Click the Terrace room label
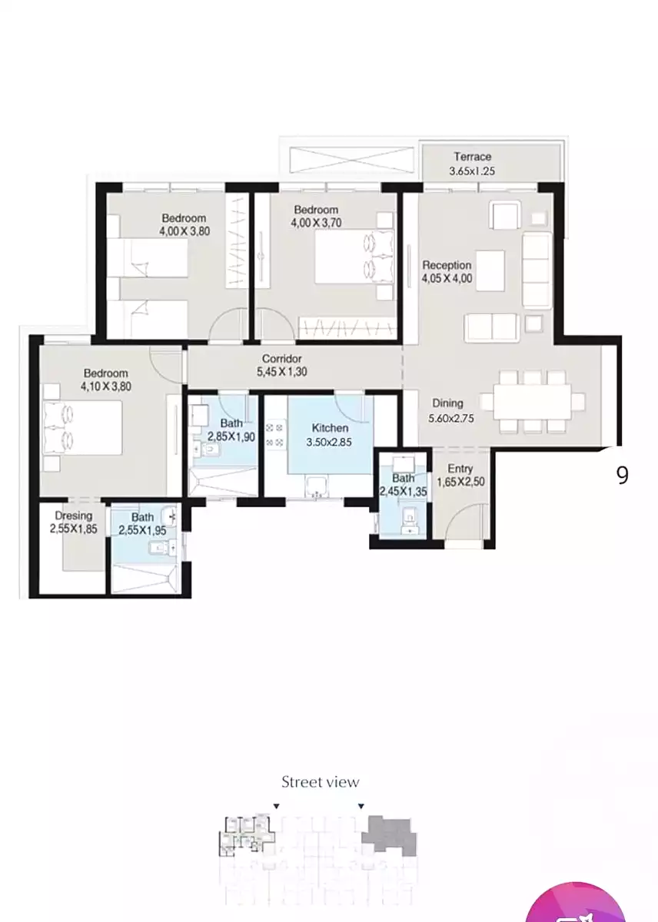(472, 157)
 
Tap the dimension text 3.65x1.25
(471, 171)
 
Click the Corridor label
(281, 358)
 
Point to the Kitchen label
(330, 428)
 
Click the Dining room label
(447, 403)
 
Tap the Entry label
(460, 469)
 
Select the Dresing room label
(73, 516)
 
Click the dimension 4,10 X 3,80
(106, 386)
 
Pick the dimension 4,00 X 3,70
(316, 223)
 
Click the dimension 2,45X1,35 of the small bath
(403, 491)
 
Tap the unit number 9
(622, 476)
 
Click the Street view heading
(320, 781)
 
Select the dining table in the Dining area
(532, 401)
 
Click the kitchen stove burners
(275, 435)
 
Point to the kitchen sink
(316, 486)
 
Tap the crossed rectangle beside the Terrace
(351, 160)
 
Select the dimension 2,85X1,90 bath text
(231, 436)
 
